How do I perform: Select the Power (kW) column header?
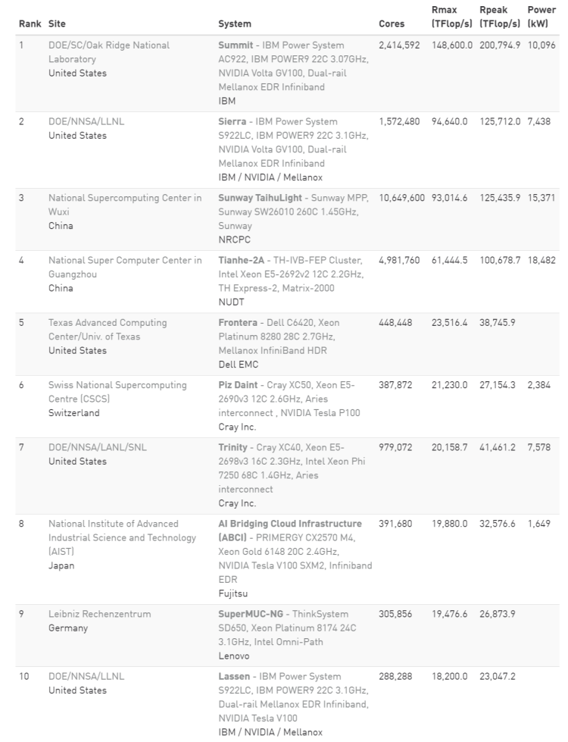(542, 17)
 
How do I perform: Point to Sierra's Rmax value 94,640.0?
(451, 121)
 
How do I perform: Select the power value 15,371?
(542, 198)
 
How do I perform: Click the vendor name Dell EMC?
(238, 365)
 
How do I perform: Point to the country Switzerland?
(73, 413)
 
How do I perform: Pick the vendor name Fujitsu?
(234, 593)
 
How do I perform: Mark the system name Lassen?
(236, 676)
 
